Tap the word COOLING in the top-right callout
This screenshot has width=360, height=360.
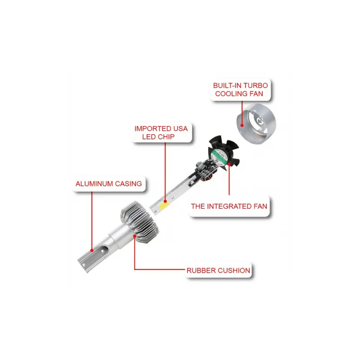pos(231,94)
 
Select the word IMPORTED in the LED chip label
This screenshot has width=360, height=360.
pos(153,129)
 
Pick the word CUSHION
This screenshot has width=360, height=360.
pos(234,270)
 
